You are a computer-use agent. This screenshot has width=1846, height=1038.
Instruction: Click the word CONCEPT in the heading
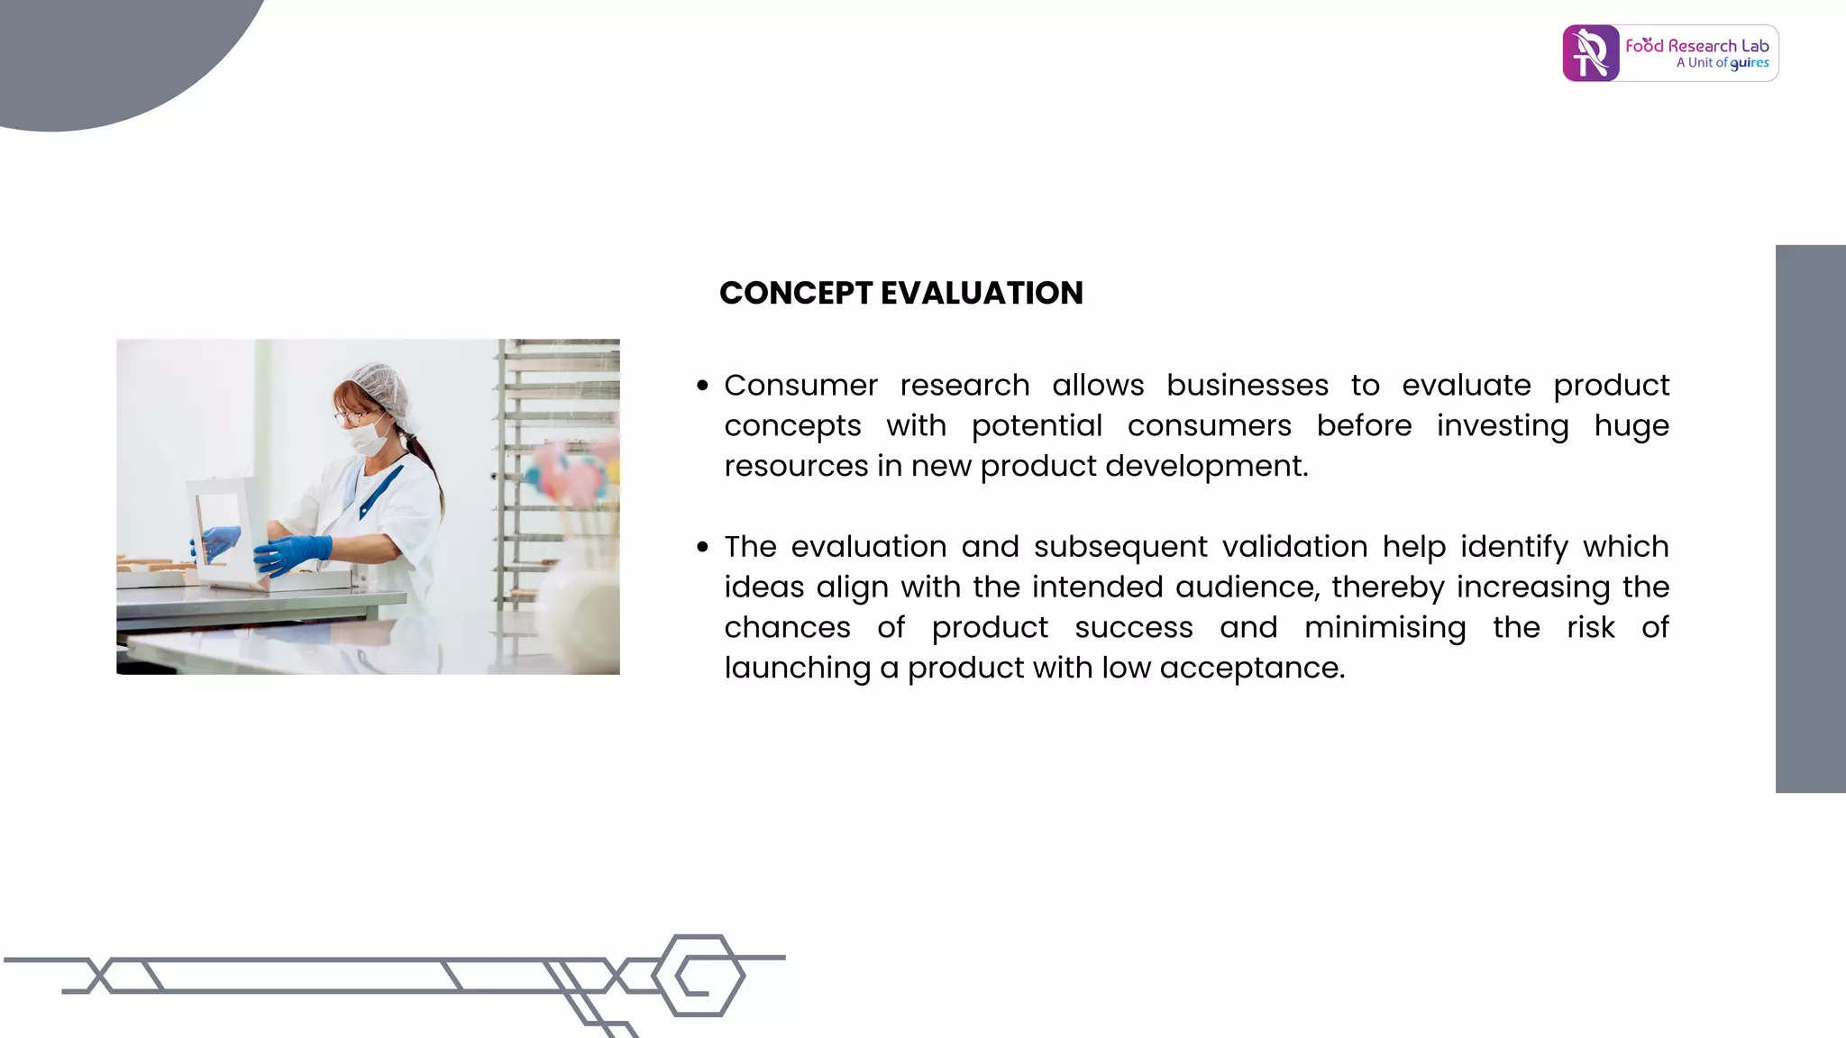tap(795, 294)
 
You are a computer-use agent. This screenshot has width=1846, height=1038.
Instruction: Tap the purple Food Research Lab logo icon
tap(1590, 54)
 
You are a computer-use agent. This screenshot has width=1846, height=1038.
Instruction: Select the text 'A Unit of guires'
tap(1722, 63)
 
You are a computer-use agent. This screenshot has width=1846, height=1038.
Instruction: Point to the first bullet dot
tap(702, 387)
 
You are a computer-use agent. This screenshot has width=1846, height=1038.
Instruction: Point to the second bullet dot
tap(702, 548)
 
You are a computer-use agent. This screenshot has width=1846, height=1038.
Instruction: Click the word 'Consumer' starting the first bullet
tap(800, 386)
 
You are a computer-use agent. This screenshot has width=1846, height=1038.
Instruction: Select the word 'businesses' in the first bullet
tap(1247, 386)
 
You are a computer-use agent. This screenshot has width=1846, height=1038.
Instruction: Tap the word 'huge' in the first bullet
tap(1631, 426)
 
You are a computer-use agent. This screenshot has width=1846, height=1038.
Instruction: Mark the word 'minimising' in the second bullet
tap(1384, 628)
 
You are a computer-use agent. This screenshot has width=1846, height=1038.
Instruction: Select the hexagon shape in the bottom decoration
tap(699, 976)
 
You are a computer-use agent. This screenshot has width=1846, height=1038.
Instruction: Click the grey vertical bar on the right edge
tap(1810, 519)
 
